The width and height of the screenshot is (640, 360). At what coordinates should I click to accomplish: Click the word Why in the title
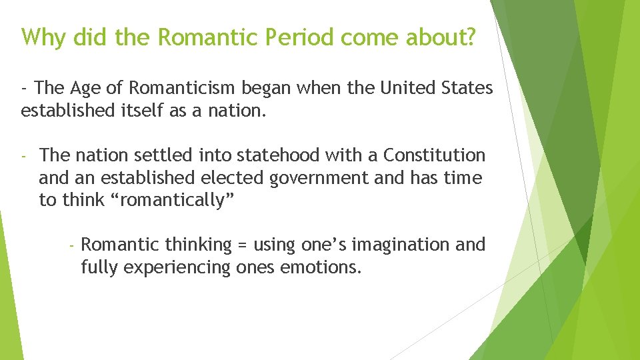tap(44, 38)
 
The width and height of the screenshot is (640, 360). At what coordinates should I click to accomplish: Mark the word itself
tap(145, 111)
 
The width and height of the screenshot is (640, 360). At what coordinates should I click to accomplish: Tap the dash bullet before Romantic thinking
tap(71, 245)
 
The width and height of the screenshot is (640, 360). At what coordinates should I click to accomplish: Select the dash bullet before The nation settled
tap(23, 156)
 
